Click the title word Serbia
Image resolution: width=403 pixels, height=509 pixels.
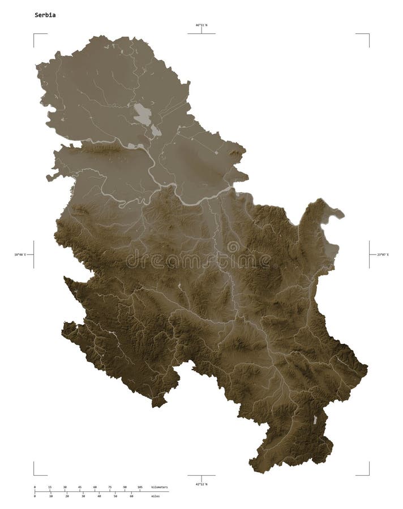pos(45,15)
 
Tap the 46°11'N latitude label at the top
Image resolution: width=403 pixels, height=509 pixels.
pos(201,25)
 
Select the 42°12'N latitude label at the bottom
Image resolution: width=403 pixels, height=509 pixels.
pos(201,484)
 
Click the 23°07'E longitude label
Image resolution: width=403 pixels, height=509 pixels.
pos(383,255)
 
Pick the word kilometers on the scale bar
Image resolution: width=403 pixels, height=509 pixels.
pos(160,487)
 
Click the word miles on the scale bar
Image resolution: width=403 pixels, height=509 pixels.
pos(155,496)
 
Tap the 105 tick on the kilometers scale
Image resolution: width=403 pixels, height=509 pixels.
pos(139,487)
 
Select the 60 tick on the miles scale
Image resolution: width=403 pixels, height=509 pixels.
pos(131,496)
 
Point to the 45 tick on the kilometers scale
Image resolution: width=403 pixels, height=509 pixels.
pos(79,487)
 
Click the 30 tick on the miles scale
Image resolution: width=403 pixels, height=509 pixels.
pos(83,496)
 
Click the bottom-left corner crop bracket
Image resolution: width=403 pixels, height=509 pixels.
pos(35,474)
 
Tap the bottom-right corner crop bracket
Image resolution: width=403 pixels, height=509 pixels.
pos(368,474)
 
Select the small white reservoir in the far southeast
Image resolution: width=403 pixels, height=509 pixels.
pos(315,420)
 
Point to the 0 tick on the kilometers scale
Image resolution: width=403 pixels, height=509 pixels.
pos(35,487)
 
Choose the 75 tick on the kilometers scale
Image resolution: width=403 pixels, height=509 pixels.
pos(109,487)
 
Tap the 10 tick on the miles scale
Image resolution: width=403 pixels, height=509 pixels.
pos(51,496)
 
